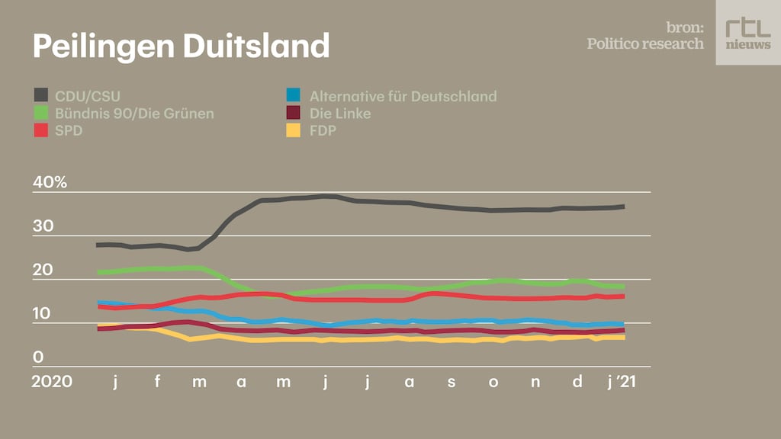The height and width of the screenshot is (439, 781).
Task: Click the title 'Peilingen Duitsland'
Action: (181, 46)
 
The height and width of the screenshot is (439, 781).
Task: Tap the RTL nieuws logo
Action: (747, 33)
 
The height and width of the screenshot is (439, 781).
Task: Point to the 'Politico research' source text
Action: (645, 43)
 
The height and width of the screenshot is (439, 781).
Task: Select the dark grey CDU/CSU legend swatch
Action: (42, 96)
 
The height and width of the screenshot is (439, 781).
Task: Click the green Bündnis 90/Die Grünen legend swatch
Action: (42, 114)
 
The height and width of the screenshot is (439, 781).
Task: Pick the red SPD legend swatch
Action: (42, 130)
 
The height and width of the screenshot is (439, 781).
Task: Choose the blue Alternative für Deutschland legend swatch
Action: (294, 96)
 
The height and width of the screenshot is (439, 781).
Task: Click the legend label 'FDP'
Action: (323, 130)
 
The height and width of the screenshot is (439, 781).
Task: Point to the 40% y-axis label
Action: (50, 183)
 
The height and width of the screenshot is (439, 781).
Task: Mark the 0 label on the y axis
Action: (38, 357)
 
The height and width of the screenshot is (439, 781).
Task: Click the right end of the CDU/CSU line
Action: (624, 207)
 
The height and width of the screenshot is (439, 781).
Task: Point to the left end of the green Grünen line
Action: (99, 272)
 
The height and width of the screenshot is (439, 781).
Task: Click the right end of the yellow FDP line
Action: (624, 337)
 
